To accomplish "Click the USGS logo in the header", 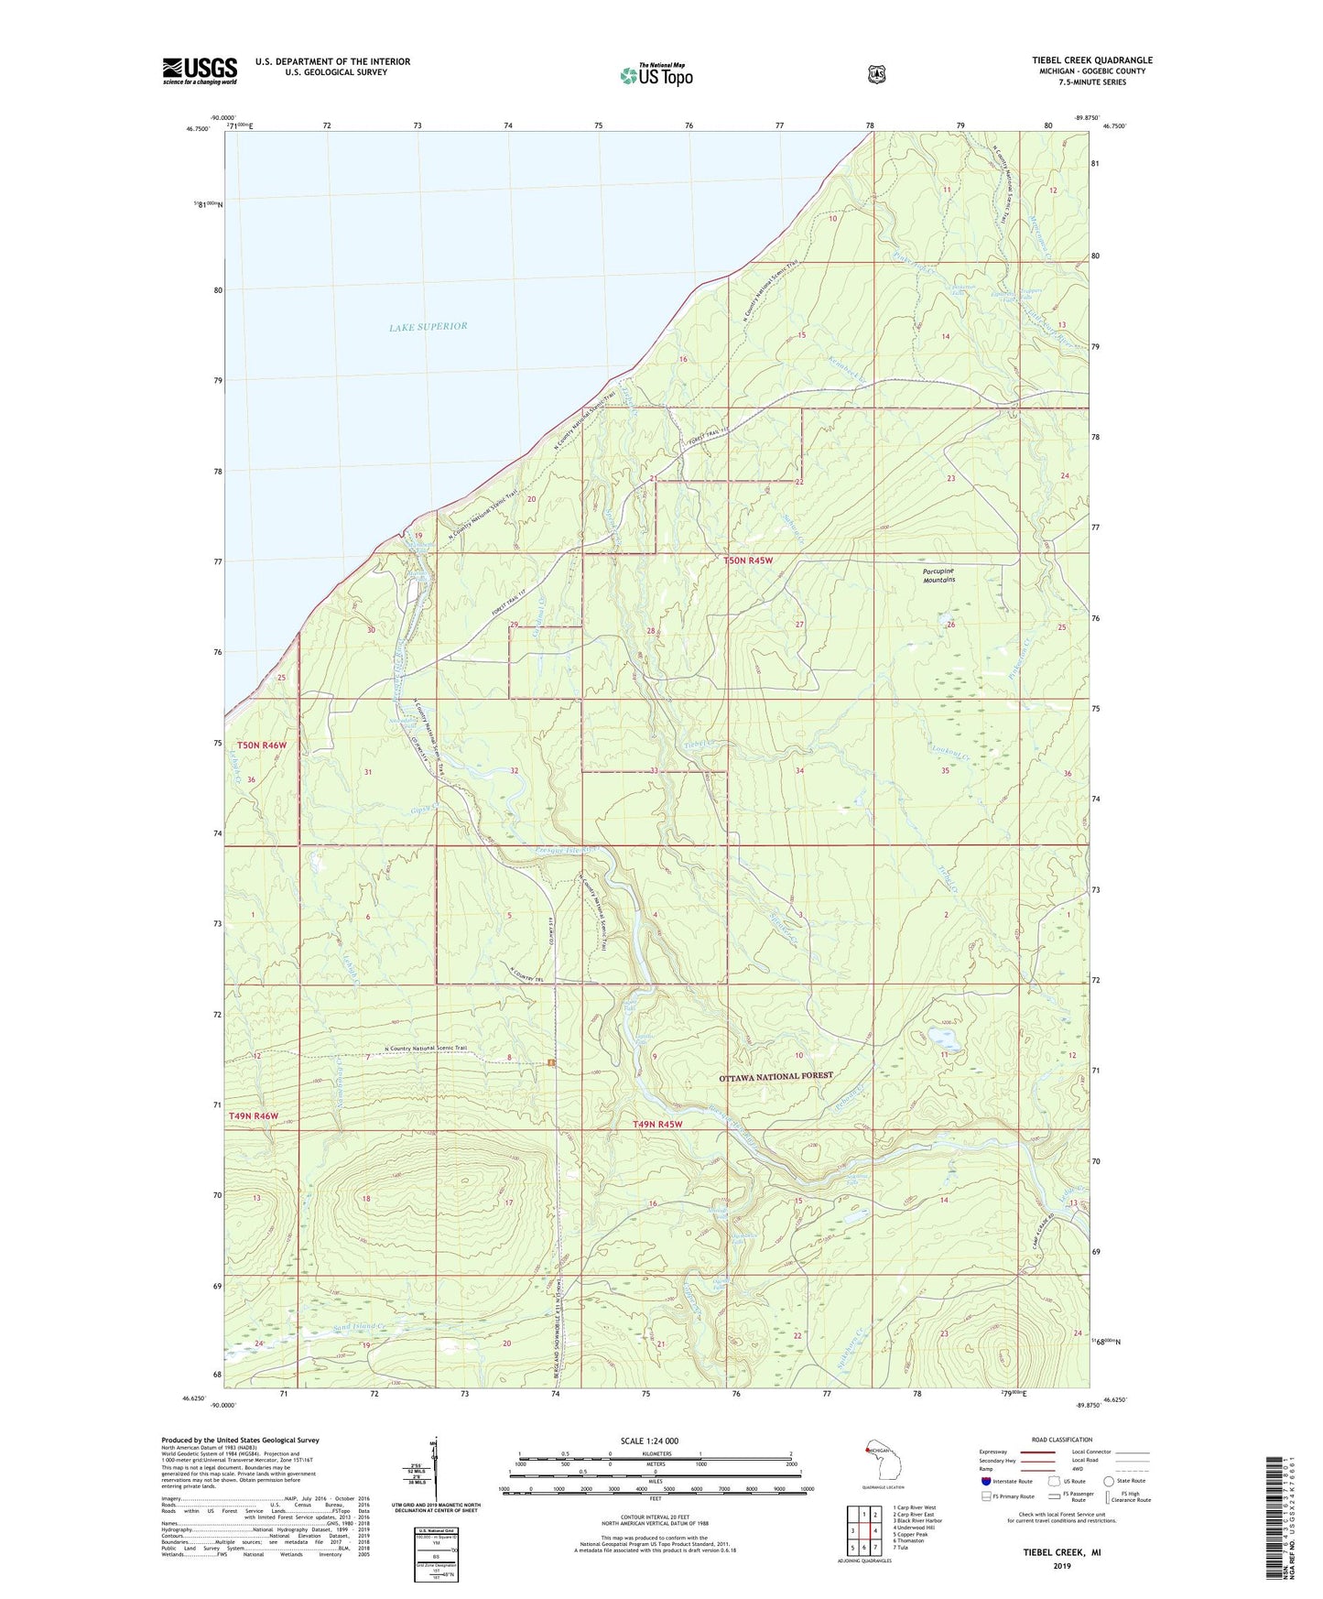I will (200, 71).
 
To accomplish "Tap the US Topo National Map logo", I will (656, 75).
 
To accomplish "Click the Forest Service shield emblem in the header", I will (876, 74).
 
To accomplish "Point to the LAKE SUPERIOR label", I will (428, 326).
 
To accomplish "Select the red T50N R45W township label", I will (754, 560).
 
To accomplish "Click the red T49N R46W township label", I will (253, 1116).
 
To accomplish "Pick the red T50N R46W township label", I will (261, 745).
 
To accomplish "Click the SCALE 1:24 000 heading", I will (649, 1441).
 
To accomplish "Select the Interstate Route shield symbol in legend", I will (985, 1481).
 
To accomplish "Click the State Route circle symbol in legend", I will (1109, 1481).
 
